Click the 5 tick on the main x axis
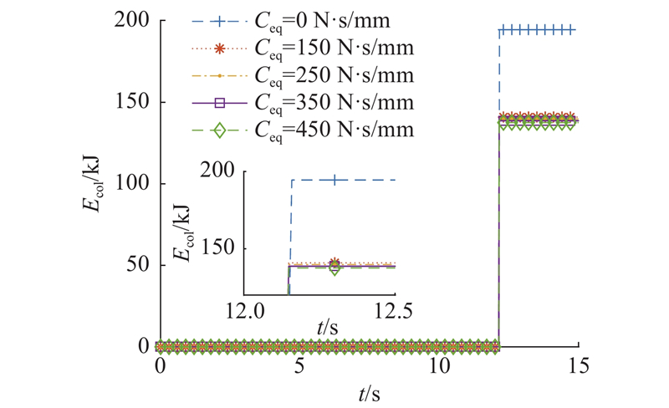[299, 365]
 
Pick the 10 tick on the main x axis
[438, 365]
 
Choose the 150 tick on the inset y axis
[222, 248]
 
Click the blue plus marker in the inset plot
[334, 180]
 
